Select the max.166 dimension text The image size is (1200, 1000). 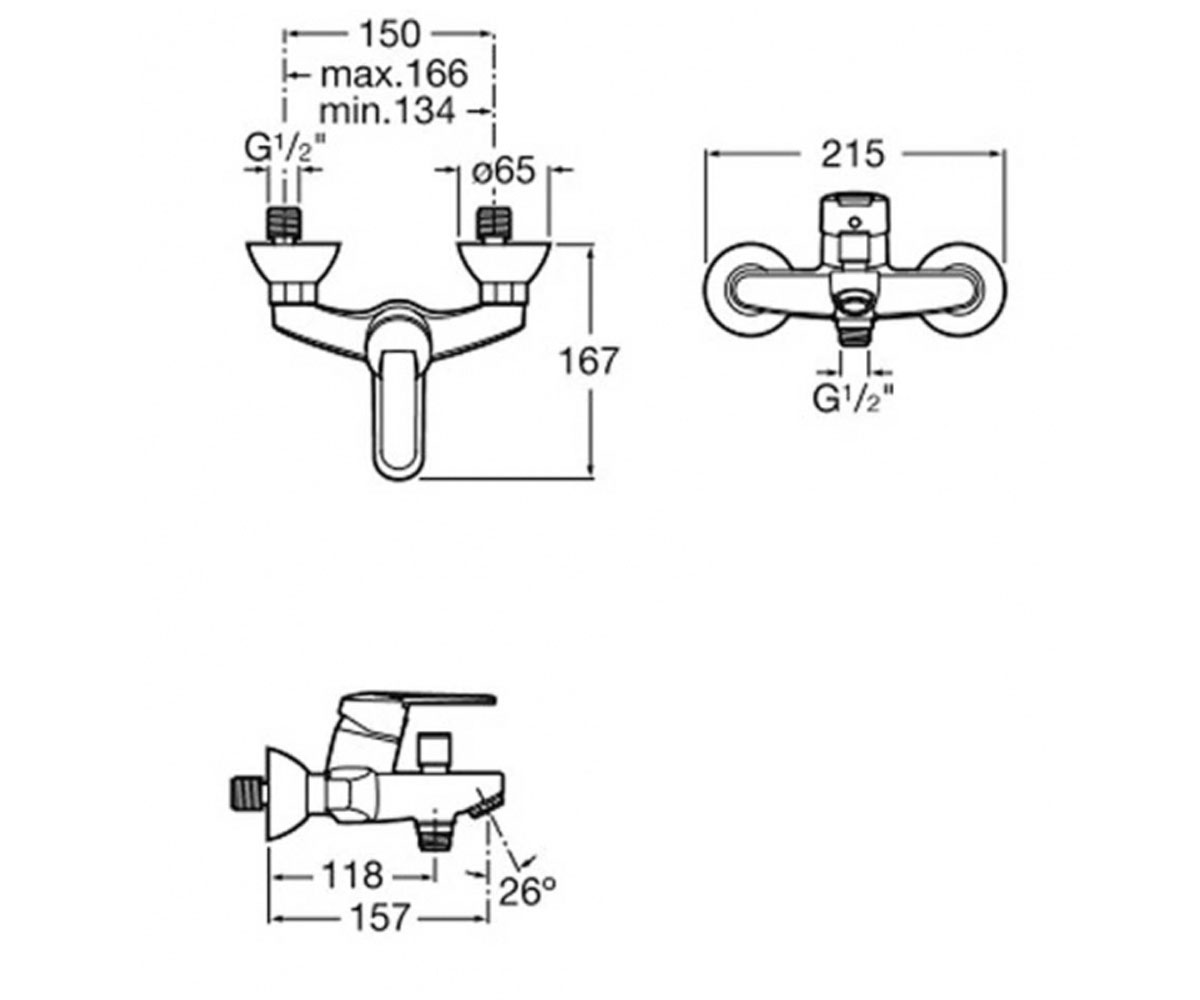click(x=394, y=74)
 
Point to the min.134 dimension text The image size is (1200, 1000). click(x=387, y=110)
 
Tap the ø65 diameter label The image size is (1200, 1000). click(x=503, y=171)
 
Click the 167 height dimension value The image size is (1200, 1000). click(x=590, y=361)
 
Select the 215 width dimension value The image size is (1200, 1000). click(x=852, y=154)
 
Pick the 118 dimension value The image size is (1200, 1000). click(x=352, y=875)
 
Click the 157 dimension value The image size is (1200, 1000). click(x=380, y=918)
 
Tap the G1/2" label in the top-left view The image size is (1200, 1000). click(x=285, y=148)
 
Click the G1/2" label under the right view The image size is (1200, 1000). click(x=853, y=398)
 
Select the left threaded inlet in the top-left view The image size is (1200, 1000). click(x=284, y=225)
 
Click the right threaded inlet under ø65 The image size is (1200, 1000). click(x=494, y=225)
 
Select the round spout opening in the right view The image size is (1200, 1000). click(x=855, y=305)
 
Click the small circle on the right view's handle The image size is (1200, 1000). click(x=856, y=222)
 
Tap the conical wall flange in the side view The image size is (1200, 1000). click(x=287, y=796)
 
